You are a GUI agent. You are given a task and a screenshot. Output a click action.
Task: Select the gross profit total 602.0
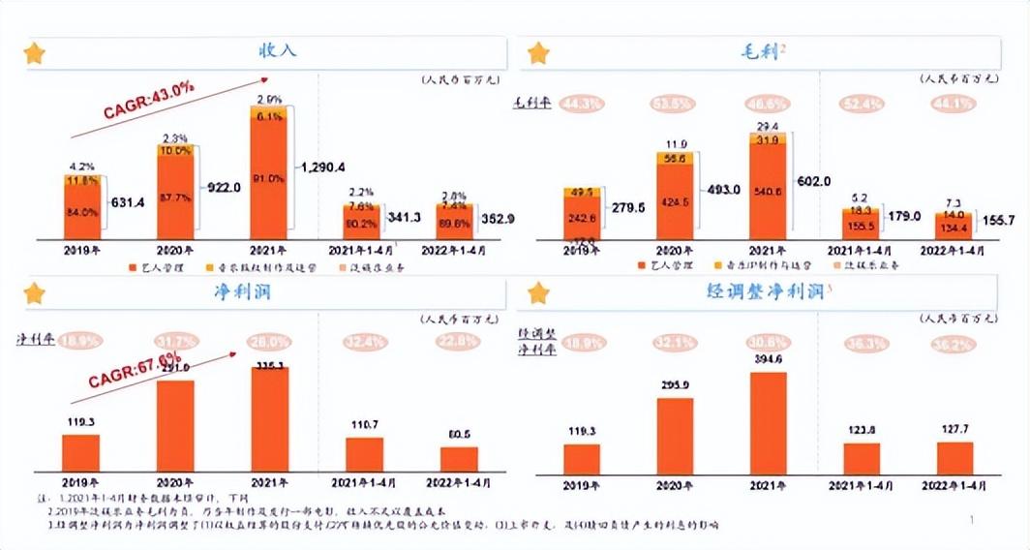point(814,181)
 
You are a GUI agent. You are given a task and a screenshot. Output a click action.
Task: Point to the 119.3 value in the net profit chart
point(80,422)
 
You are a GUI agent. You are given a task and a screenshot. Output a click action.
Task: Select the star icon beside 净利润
point(35,292)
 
